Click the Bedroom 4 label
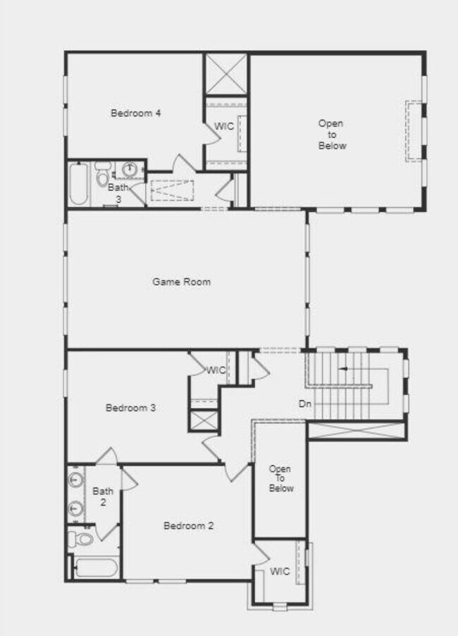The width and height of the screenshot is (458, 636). (136, 113)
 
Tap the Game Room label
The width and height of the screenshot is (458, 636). (182, 282)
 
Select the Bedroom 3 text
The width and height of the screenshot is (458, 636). (130, 408)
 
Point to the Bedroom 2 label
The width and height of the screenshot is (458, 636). (188, 525)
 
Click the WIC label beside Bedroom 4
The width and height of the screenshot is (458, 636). (224, 127)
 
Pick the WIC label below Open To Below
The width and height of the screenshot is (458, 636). (280, 571)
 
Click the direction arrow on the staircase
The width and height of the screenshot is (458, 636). (344, 368)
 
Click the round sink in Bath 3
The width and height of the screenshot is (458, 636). (130, 170)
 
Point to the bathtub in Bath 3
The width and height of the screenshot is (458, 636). (78, 185)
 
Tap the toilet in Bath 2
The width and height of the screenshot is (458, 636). (80, 540)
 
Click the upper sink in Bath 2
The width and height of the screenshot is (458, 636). (76, 481)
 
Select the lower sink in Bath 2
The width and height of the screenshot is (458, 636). (76, 507)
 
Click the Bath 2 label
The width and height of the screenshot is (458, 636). (103, 497)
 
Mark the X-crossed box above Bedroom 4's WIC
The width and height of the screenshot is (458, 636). (225, 73)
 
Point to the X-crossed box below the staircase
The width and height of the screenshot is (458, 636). (357, 431)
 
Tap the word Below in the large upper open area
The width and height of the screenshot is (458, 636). (332, 146)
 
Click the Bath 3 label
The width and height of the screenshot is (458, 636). (118, 193)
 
